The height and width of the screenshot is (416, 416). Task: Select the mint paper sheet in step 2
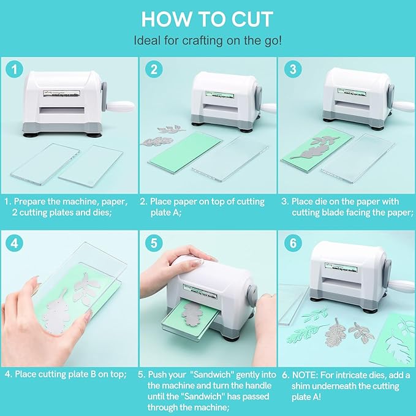[184, 149]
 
